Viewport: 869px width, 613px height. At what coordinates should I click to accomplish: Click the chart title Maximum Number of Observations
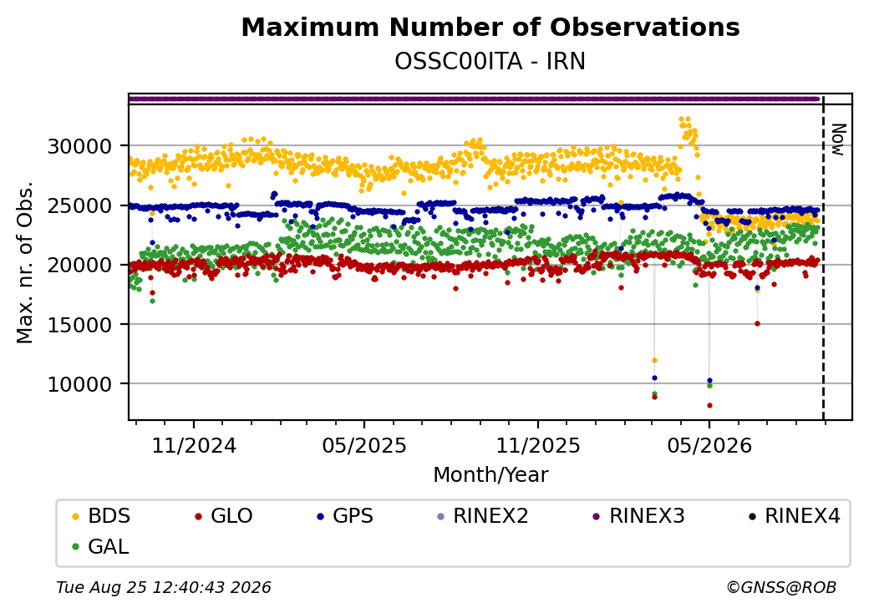tap(490, 27)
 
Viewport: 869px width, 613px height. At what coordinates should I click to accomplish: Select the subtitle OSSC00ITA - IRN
tap(490, 62)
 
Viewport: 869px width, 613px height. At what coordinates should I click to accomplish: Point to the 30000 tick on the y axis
tap(80, 147)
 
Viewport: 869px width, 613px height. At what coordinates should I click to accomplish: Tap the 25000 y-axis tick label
tap(80, 206)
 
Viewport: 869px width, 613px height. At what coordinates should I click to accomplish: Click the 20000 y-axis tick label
tap(80, 266)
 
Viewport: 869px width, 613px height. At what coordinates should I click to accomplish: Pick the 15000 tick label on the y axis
tap(80, 325)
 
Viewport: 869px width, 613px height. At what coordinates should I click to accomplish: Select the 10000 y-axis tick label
tap(80, 383)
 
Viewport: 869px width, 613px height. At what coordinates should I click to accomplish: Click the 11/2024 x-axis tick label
tap(194, 446)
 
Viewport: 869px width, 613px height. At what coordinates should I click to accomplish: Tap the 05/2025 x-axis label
tap(364, 446)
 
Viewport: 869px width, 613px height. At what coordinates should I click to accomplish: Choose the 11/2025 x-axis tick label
tap(537, 446)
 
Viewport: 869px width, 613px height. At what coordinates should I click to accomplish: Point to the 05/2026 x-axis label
tap(709, 446)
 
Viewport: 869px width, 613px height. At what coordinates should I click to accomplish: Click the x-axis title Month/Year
tap(490, 475)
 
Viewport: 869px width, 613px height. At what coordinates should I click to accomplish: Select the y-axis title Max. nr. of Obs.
tap(25, 262)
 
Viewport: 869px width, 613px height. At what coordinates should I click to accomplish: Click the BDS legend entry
tap(101, 516)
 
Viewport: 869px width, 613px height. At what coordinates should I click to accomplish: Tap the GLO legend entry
tap(224, 516)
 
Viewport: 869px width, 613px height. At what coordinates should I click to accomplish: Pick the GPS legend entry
tap(345, 516)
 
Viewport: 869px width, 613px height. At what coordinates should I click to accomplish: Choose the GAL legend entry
tap(101, 546)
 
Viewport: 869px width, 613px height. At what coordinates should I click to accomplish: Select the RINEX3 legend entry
tap(639, 516)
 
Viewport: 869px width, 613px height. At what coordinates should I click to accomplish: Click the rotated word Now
tap(839, 139)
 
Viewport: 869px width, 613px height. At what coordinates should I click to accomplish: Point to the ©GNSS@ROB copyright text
tap(781, 587)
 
